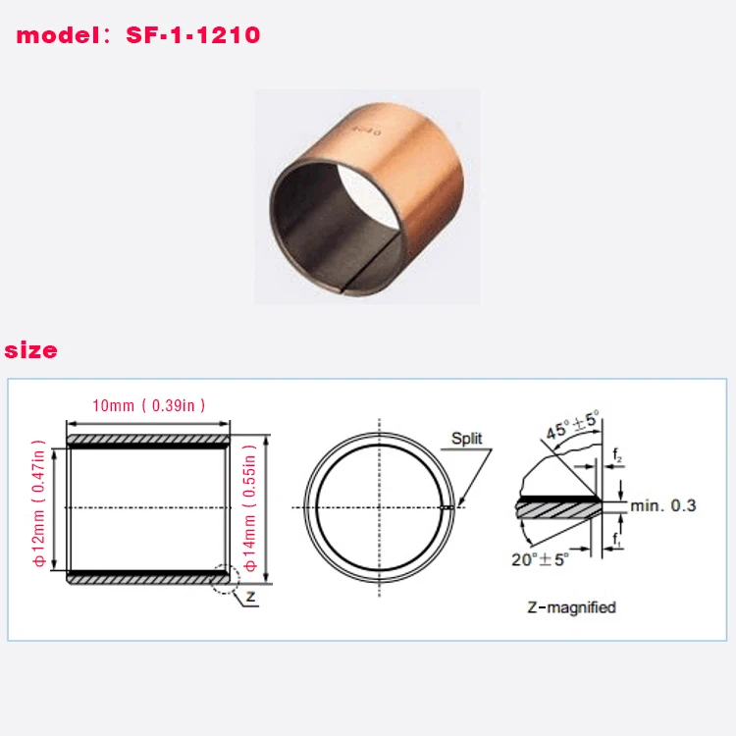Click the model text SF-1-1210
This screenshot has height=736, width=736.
[193, 36]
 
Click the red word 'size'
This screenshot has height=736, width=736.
[31, 350]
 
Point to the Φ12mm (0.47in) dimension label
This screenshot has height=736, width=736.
[40, 507]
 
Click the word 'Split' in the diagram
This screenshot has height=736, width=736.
[467, 439]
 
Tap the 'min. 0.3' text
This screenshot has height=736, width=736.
[664, 505]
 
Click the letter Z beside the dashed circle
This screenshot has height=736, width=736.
[252, 596]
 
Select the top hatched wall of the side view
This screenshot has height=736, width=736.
[148, 438]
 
